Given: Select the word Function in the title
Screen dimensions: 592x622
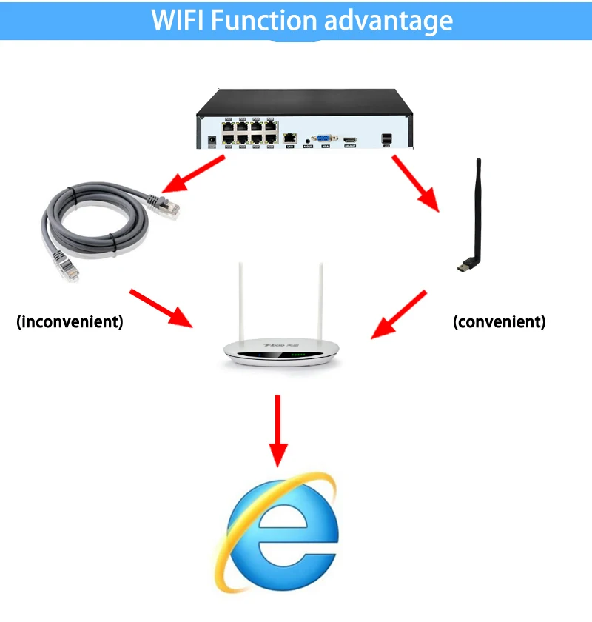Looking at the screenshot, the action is pyautogui.click(x=263, y=20).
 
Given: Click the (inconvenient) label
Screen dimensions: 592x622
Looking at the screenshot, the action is pyautogui.click(x=70, y=322).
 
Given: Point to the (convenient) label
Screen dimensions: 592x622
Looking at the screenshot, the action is pyautogui.click(x=499, y=322).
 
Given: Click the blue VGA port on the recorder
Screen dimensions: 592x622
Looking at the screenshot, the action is pyautogui.click(x=323, y=138).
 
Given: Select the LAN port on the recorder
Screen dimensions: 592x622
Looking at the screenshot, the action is pyautogui.click(x=291, y=138).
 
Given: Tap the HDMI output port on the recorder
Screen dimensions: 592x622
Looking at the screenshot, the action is pyautogui.click(x=350, y=138).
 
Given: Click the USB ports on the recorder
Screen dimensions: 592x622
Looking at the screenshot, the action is pyautogui.click(x=386, y=138).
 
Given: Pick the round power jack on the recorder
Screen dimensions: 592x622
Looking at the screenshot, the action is pyautogui.click(x=213, y=138).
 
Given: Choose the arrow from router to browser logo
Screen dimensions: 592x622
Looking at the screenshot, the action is pyautogui.click(x=278, y=429).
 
